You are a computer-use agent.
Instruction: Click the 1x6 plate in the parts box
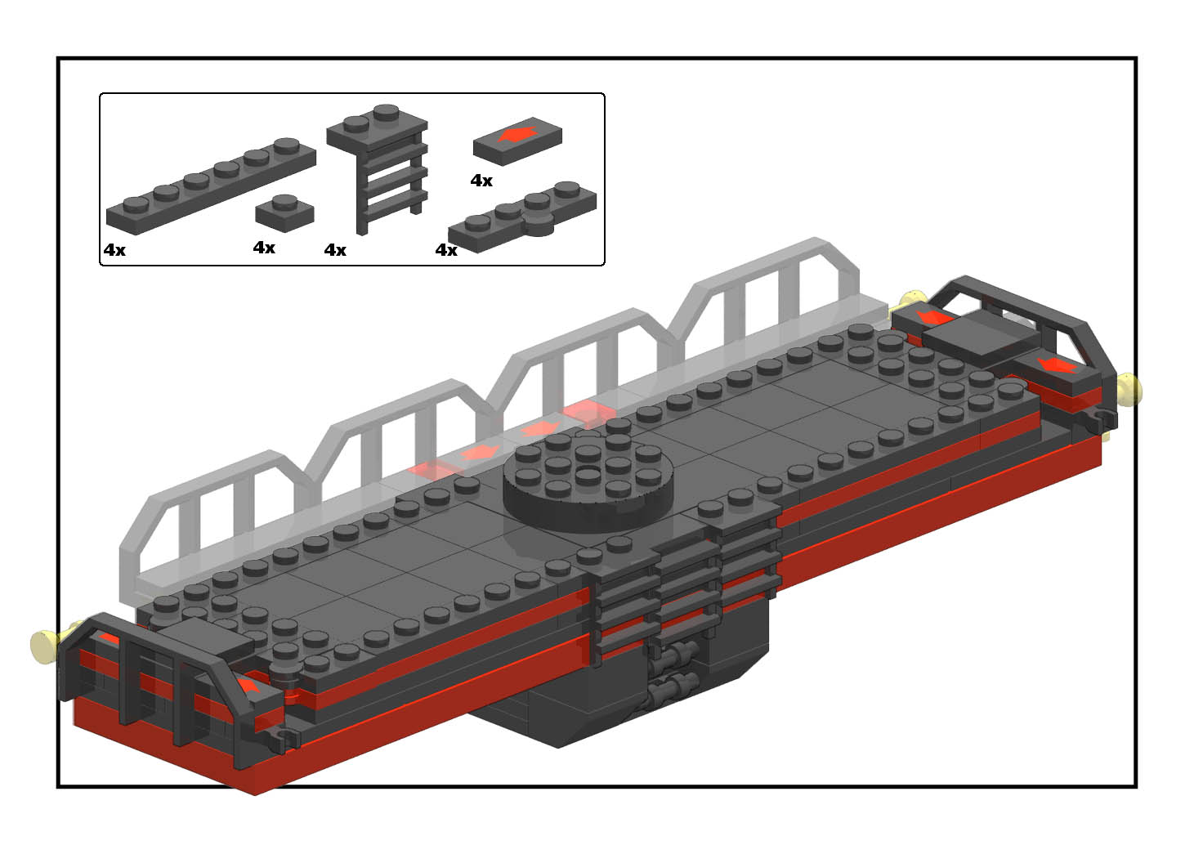coord(211,186)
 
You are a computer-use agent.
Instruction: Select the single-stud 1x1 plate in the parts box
coord(284,213)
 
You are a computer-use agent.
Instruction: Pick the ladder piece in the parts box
coord(378,168)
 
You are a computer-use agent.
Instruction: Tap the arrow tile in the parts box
coord(517,141)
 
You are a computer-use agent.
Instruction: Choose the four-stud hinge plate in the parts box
coord(522,217)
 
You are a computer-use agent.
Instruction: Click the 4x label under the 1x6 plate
coord(114,249)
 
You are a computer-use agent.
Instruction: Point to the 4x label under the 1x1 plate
coord(264,248)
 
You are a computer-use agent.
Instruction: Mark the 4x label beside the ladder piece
coord(335,249)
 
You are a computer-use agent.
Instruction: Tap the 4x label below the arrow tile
coord(481,181)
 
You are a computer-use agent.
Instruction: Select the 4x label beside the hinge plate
coord(446,249)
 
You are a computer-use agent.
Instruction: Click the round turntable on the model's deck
coord(588,482)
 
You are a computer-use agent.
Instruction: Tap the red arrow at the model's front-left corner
coord(248,686)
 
